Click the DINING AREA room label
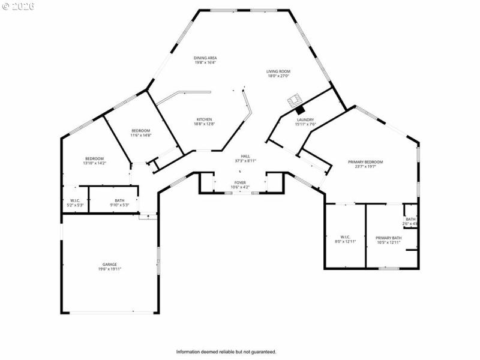click(x=205, y=58)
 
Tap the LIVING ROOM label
click(x=278, y=71)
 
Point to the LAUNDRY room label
click(x=305, y=120)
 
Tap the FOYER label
click(x=239, y=182)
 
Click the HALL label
click(x=245, y=156)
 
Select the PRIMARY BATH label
click(x=388, y=238)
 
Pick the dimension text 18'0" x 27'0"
click(x=278, y=76)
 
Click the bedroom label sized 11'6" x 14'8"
click(x=140, y=131)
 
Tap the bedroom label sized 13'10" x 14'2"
click(x=94, y=158)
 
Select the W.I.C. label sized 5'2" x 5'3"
click(x=75, y=200)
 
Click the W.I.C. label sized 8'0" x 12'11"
click(x=345, y=238)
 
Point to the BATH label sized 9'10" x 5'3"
click(x=119, y=200)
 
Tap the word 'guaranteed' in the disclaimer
click(x=262, y=352)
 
